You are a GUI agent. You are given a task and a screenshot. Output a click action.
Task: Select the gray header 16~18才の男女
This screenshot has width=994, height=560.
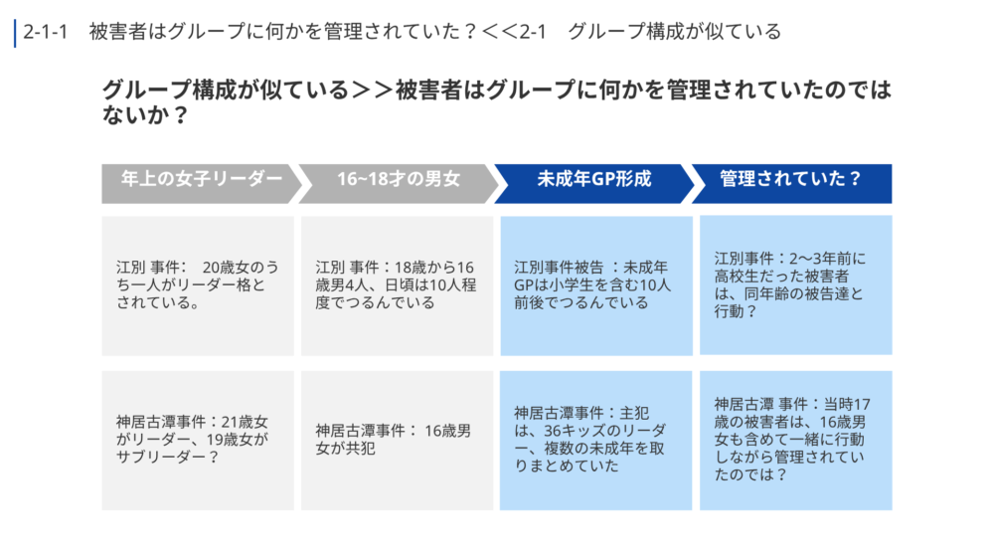point(399,183)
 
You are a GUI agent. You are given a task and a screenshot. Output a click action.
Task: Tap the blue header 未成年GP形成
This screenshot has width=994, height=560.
point(594,183)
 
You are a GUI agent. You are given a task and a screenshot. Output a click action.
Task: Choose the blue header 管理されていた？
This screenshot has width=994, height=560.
point(791,183)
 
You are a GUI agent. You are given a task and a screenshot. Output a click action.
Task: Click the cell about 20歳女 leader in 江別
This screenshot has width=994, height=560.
point(198,285)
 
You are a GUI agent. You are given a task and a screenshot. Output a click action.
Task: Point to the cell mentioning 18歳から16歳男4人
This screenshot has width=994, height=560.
point(397,285)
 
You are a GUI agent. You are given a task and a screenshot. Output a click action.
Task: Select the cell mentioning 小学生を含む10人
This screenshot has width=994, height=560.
point(595,285)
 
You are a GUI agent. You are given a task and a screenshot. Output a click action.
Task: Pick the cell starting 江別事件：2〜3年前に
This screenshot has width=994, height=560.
point(795,284)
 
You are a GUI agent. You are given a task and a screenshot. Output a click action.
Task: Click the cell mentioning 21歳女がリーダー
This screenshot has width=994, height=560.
point(198,440)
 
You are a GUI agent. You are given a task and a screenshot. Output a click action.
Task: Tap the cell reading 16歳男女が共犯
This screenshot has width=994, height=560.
point(397,440)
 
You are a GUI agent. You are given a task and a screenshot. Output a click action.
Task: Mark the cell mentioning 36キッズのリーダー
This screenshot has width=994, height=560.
point(595,440)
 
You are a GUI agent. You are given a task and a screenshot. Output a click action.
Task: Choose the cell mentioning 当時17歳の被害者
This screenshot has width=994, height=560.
point(795,440)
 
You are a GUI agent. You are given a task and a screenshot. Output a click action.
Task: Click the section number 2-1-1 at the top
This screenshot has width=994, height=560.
point(45,32)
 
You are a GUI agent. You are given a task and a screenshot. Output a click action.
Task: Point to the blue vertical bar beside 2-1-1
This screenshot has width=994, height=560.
point(15,33)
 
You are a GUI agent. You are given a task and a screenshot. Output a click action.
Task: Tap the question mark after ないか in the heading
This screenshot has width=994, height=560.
point(180,115)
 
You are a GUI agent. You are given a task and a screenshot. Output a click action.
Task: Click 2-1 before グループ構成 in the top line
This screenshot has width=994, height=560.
point(533,32)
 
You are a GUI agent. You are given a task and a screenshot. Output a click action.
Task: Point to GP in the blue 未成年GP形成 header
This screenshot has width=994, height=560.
point(601,179)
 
